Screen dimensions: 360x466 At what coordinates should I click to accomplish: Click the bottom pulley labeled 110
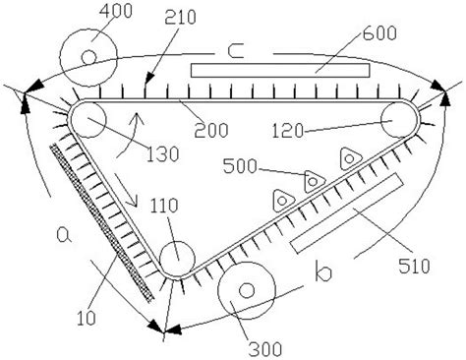pyautogui.click(x=177, y=259)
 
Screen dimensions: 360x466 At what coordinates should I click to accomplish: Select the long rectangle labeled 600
pyautogui.click(x=281, y=71)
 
